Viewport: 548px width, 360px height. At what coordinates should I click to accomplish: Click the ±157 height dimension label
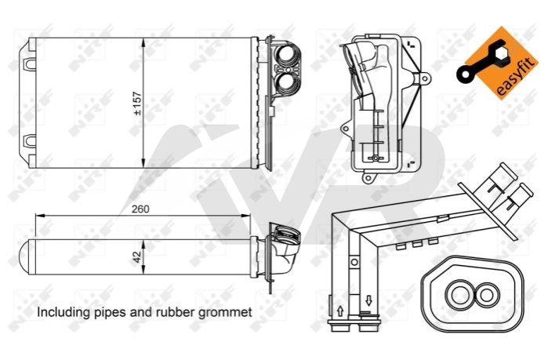pyautogui.click(x=137, y=104)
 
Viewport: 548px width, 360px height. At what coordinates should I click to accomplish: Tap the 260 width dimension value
pyautogui.click(x=140, y=209)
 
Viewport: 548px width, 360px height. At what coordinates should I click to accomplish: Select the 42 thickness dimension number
pyautogui.click(x=137, y=257)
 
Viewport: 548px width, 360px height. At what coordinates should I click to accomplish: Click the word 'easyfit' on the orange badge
pyautogui.click(x=516, y=77)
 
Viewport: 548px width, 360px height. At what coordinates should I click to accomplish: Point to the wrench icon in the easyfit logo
pyautogui.click(x=481, y=61)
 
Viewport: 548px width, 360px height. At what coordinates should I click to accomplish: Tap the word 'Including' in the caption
pyautogui.click(x=64, y=312)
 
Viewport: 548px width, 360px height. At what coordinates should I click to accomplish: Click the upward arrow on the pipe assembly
pyautogui.click(x=340, y=311)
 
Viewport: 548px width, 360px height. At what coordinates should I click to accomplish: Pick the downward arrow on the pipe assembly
pyautogui.click(x=368, y=300)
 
